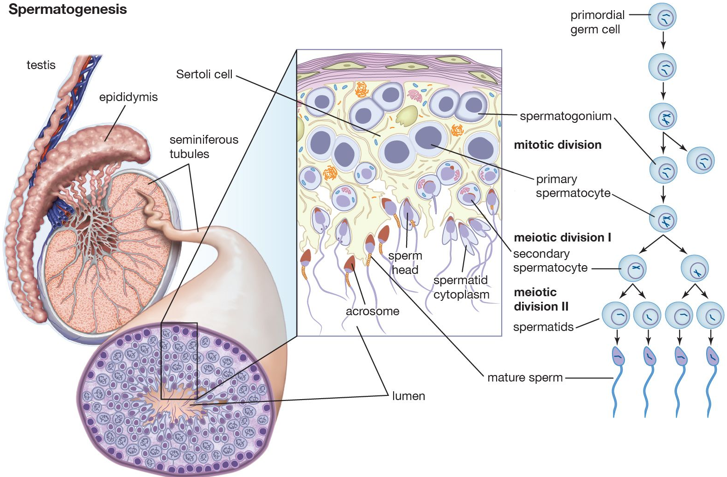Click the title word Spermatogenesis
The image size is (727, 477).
pos(68,9)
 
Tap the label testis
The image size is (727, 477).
pos(41,65)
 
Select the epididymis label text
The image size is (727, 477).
pos(128,97)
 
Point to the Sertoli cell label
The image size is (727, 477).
pos(204,74)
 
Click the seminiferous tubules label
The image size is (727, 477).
pos(204,146)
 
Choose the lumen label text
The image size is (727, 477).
pos(408,396)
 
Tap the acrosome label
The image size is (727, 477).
pos(372,311)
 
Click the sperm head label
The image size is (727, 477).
pos(405,263)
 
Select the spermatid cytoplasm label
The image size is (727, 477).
pos(461,287)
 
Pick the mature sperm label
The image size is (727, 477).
pos(525,377)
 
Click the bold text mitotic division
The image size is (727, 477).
pos(557,145)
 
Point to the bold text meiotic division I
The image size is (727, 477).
pos(562,237)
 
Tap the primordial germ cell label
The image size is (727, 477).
pos(597,22)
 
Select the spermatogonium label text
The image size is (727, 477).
pos(566,116)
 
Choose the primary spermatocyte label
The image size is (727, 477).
pos(573,186)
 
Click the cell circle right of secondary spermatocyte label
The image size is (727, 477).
pos(633,268)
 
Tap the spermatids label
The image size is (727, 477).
pos(543,327)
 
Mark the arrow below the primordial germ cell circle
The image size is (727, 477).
pos(663,40)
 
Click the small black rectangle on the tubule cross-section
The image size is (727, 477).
pos(179,361)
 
